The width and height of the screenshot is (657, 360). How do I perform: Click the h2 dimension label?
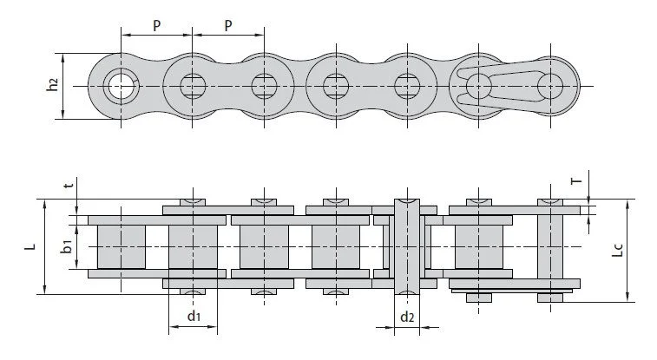click(x=52, y=84)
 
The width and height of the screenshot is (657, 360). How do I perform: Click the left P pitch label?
click(x=156, y=25)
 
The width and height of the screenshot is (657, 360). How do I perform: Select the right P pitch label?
click(x=228, y=25)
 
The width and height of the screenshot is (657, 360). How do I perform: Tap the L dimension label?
click(x=30, y=246)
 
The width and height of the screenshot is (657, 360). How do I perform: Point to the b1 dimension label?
click(x=67, y=246)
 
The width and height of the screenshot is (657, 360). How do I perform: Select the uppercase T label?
click(x=577, y=181)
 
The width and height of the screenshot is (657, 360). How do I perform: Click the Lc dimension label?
click(x=618, y=250)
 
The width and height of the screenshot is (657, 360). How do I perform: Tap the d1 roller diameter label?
click(x=194, y=316)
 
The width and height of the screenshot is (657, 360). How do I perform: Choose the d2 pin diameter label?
click(x=407, y=317)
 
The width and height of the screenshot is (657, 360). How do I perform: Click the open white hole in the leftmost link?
click(x=122, y=86)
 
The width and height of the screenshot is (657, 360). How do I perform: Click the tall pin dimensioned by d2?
click(x=407, y=247)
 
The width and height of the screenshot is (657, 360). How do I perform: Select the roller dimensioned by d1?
click(x=194, y=247)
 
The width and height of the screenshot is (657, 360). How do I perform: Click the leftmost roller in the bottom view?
click(x=122, y=247)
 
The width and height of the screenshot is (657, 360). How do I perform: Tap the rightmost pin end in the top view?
click(x=550, y=86)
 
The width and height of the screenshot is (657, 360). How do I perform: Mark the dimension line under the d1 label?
click(x=194, y=326)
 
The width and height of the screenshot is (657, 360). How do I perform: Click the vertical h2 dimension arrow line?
click(x=62, y=86)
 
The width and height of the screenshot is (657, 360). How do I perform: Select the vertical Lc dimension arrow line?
click(x=627, y=251)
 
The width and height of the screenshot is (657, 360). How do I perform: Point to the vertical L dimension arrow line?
click(x=45, y=247)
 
